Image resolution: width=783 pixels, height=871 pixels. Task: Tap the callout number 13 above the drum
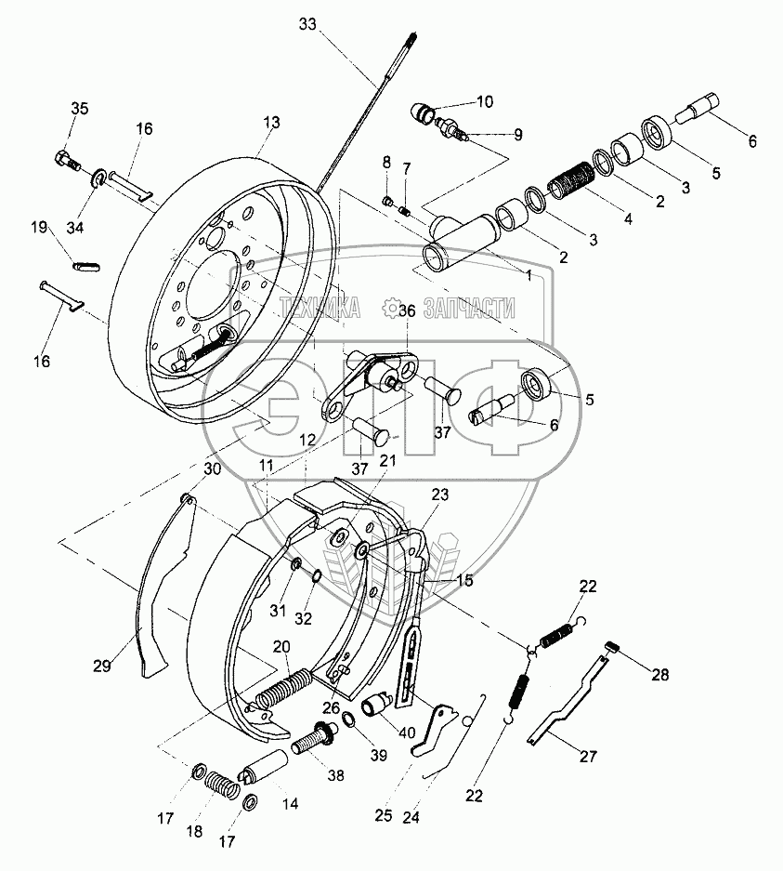[x=272, y=123]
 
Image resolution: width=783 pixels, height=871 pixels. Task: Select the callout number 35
[x=79, y=109]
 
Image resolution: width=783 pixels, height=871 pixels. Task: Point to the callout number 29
[x=102, y=666]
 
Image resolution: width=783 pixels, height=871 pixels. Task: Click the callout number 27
[x=588, y=756]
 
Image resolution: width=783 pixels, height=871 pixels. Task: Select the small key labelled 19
[x=86, y=266]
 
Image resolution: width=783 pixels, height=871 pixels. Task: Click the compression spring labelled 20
[x=284, y=688]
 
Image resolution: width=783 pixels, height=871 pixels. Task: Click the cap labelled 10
[x=424, y=112]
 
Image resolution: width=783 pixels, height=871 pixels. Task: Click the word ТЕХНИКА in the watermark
[x=320, y=308]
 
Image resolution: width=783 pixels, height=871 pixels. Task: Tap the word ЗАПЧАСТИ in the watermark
[x=469, y=308]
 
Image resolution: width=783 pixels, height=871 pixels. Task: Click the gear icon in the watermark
[x=392, y=307]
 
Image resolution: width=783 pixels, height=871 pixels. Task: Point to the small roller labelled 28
[x=611, y=648]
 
